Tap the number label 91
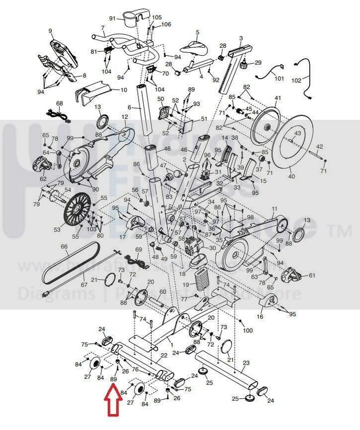112,18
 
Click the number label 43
297,133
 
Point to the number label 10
124,90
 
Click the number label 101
279,78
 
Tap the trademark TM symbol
340,230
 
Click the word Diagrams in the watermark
56,294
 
